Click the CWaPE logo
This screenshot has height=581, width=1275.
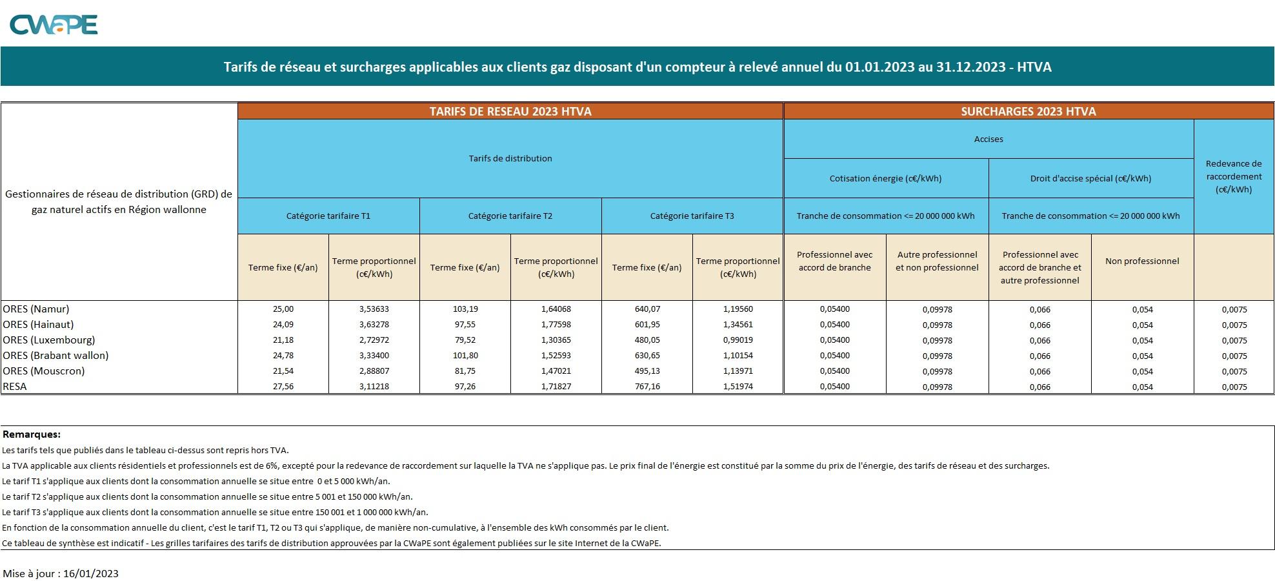click(54, 25)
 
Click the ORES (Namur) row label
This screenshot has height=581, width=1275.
click(36, 309)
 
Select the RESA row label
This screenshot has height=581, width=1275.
click(15, 387)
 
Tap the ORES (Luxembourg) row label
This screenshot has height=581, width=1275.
click(49, 340)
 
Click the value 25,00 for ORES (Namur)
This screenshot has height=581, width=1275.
click(283, 309)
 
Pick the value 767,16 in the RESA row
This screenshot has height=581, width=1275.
click(647, 387)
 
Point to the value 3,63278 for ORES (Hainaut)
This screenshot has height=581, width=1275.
click(374, 325)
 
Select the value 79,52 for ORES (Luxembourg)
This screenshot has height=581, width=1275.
click(465, 340)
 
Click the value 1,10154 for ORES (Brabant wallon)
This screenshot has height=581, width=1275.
click(738, 356)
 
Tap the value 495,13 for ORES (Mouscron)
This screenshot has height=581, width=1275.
click(647, 371)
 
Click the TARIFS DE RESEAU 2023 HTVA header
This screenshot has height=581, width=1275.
click(510, 111)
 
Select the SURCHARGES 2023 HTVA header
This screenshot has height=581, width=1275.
click(1029, 111)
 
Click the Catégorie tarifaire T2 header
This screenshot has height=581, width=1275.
click(510, 216)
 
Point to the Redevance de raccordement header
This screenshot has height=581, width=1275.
click(1234, 176)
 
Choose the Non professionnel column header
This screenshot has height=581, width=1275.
click(1142, 261)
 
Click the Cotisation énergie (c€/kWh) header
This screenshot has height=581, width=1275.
click(885, 179)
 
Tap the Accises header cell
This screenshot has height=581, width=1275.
click(989, 139)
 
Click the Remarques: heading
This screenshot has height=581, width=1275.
click(32, 434)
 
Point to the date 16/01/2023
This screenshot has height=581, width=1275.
click(91, 573)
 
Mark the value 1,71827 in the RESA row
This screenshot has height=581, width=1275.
click(556, 387)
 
